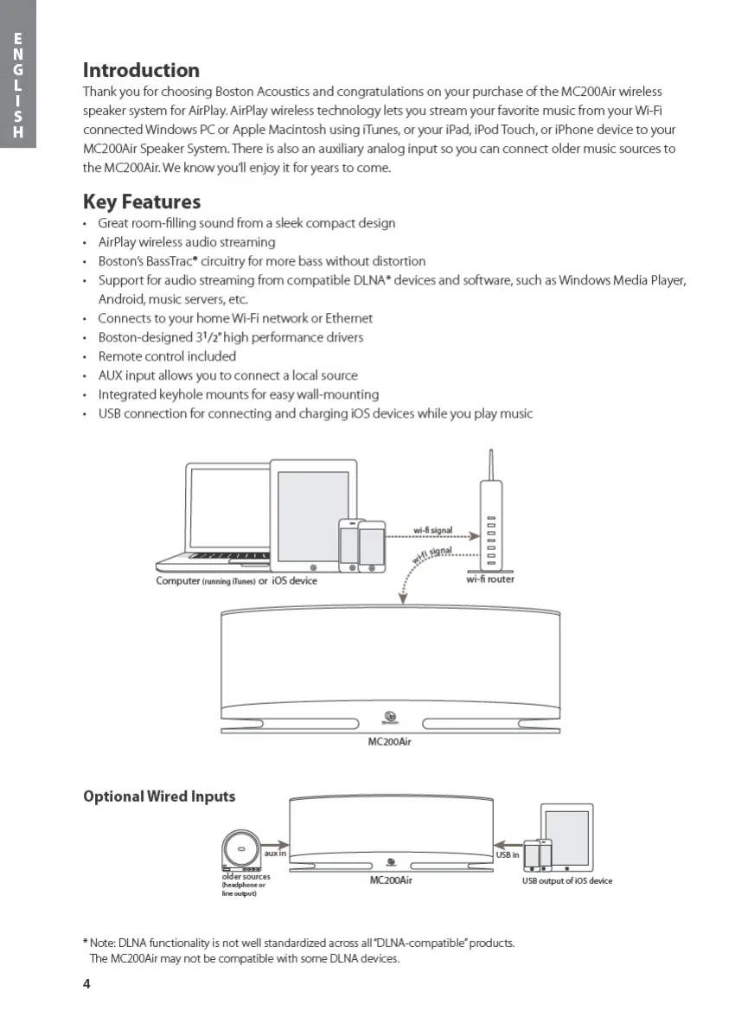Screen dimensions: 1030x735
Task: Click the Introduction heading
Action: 141,70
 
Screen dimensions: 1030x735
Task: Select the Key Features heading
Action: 142,202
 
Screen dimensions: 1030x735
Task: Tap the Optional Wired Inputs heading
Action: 159,796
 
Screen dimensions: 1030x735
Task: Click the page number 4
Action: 86,984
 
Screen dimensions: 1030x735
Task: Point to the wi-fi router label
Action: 490,579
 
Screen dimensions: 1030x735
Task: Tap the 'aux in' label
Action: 275,854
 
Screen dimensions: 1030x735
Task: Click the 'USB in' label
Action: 508,854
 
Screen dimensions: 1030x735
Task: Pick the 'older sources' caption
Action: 246,877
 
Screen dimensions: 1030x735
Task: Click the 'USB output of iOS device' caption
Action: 566,880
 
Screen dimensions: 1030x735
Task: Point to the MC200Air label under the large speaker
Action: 390,741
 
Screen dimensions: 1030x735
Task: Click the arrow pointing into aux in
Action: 275,843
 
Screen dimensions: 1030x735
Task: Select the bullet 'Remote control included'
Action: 167,356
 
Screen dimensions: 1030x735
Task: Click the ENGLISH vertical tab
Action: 18,85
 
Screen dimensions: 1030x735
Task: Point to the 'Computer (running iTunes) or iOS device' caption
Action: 236,581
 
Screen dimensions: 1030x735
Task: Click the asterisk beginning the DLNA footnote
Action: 86,942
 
